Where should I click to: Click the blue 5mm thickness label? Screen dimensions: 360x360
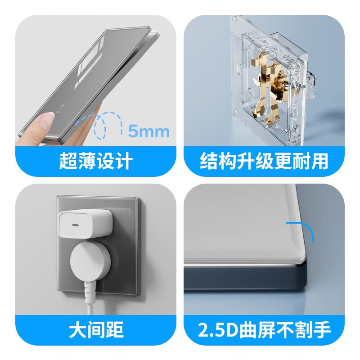(148, 131)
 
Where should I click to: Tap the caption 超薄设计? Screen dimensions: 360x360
(95, 161)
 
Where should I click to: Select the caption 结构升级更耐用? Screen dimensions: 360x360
(264, 161)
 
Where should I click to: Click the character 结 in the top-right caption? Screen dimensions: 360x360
(209, 161)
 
